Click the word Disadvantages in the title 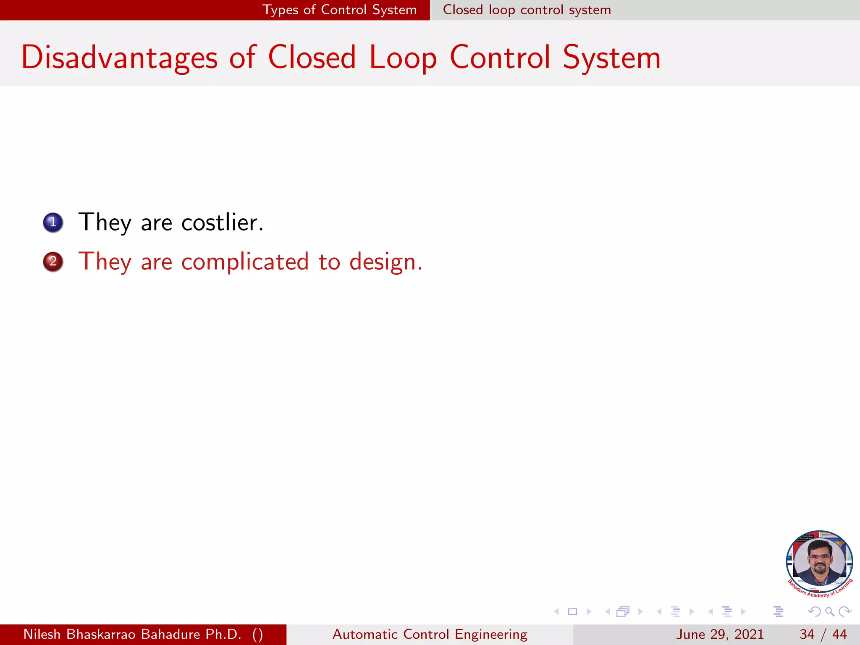coord(119,58)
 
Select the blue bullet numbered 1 coord(53,222)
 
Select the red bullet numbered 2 coord(53,262)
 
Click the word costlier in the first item coord(222,222)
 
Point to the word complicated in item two coord(245,262)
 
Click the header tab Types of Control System coord(339,10)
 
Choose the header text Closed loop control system coord(527,10)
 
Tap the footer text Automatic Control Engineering coord(430,634)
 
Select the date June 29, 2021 coord(719,634)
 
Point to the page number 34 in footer coord(807,634)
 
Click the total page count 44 coord(839,634)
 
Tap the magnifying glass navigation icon coord(829,611)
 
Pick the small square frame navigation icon coord(572,611)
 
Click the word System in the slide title coord(611,58)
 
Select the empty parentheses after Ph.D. coord(257,634)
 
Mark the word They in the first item coord(105,222)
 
